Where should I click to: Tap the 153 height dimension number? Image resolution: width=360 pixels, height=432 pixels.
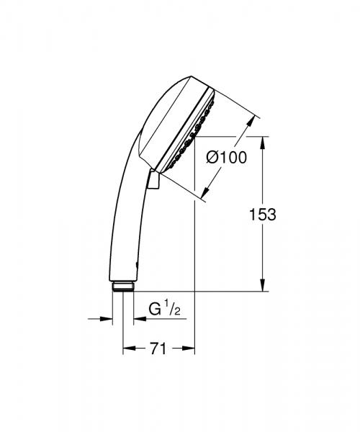coord(262,214)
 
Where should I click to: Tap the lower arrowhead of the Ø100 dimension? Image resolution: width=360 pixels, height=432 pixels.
coord(209,192)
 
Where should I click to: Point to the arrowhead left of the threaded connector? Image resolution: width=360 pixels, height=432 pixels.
coord(108,318)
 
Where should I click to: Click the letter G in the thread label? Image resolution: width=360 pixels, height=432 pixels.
coord(153,311)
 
